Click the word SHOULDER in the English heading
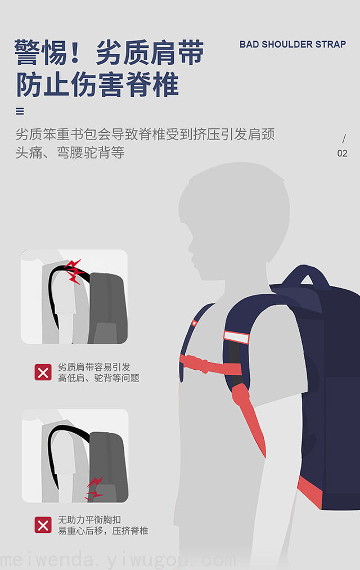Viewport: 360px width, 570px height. [x=287, y=44]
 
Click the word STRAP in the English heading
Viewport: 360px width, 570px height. [x=331, y=44]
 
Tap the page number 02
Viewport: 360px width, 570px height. [x=342, y=153]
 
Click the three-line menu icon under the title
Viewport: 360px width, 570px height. [x=20, y=111]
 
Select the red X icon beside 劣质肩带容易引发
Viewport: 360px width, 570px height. [x=43, y=372]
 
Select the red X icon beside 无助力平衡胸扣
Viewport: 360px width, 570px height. [x=43, y=526]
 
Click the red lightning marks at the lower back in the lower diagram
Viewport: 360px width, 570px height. [x=94, y=488]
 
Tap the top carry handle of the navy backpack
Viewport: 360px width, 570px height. [x=307, y=275]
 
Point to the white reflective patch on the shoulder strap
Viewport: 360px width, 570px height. [x=236, y=337]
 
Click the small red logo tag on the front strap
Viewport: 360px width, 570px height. [x=195, y=322]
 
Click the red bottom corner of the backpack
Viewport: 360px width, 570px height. [x=309, y=491]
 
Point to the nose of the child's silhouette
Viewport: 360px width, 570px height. [x=190, y=248]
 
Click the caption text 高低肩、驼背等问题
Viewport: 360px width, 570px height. [x=98, y=378]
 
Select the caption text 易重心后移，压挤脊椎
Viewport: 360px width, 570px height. [x=103, y=531]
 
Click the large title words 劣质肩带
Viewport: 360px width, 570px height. [x=150, y=53]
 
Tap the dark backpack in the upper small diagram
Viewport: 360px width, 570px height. [x=108, y=308]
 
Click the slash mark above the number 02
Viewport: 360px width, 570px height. [x=344, y=138]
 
